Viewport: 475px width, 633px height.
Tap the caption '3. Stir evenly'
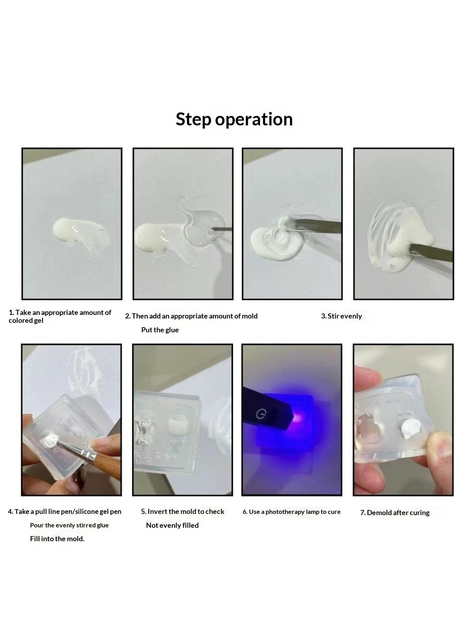(342, 316)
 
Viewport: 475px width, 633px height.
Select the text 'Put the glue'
(160, 330)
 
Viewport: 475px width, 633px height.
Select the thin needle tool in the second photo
(222, 229)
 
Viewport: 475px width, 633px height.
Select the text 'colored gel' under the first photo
(26, 321)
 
